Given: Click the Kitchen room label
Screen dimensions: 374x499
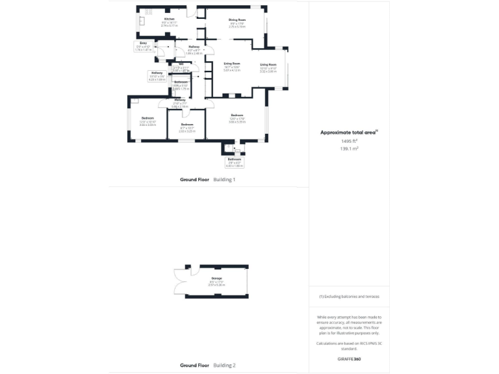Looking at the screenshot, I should pos(170,19).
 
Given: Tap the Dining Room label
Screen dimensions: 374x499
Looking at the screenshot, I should pos(237,20).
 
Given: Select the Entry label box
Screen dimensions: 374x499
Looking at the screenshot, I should pos(144,45).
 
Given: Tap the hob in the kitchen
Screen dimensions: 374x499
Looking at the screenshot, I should pos(147,11).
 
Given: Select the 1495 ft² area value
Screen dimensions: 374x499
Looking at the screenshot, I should pos(350,141).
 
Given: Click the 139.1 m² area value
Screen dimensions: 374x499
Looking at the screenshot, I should pos(350,148).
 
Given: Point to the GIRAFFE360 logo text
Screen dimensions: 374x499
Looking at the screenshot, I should pos(349,358).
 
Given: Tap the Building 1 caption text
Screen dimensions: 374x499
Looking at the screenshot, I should pos(224,179).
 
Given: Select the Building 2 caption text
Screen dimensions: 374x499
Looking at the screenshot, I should pos(224,366).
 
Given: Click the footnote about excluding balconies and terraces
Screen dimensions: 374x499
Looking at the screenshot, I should pos(349,296).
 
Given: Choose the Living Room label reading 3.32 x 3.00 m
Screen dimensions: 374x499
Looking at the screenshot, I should pos(268,66).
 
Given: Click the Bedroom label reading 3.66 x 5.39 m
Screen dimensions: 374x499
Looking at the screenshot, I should pos(236,118).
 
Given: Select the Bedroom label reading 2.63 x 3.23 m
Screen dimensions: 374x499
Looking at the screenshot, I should pos(187,125).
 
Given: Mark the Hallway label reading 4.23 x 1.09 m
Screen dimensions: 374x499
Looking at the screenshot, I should pos(157,75).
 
